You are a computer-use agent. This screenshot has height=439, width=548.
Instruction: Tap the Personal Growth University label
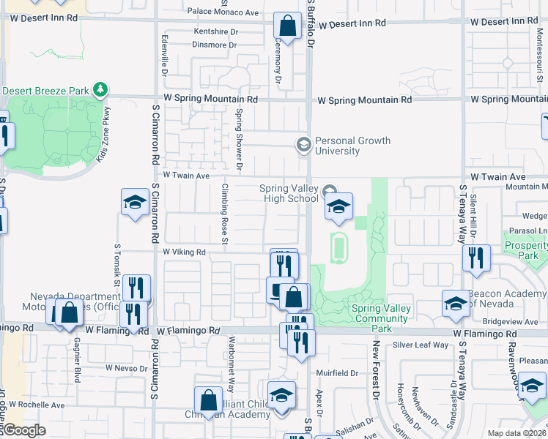coord(352,146)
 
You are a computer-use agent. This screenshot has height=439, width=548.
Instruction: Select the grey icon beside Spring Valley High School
coord(330,190)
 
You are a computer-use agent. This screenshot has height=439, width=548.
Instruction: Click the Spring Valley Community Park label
coord(382,313)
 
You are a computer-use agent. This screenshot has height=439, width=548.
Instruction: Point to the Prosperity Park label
coord(525,250)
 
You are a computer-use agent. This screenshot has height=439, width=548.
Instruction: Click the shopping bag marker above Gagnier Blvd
coord(69,312)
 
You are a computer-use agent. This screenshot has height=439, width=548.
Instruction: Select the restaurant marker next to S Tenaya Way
coord(477,258)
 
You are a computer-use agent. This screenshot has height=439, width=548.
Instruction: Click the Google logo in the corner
coord(23,430)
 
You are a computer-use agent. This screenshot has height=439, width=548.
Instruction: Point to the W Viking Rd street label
coord(184,252)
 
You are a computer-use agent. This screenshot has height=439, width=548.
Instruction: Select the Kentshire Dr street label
coord(215,32)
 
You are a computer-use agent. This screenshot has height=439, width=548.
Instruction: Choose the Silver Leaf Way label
coord(421,345)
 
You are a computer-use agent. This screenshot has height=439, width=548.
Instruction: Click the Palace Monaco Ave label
coord(223,12)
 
